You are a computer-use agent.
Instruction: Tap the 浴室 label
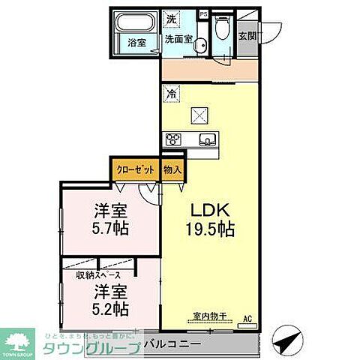pos(136,43)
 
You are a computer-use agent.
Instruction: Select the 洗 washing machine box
pos(172,18)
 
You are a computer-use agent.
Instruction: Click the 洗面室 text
pos(179,38)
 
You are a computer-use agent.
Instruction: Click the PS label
pos(202,13)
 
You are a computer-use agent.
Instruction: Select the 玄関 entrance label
pos(247,34)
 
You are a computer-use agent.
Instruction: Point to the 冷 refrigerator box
pos(172,94)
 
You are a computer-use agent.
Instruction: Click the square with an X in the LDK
pos(201,116)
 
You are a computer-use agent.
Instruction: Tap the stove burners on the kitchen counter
pos(174,138)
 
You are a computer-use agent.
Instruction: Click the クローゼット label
pos(136,169)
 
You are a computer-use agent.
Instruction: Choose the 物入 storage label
pos(172,169)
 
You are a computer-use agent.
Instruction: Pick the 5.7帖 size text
pos(110,229)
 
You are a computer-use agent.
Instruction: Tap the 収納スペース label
pos(98,275)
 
